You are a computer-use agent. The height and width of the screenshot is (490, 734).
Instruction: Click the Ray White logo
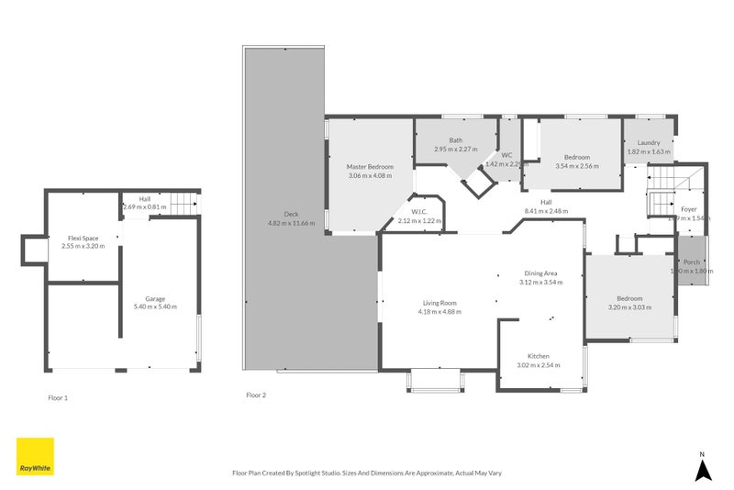click(x=35, y=456)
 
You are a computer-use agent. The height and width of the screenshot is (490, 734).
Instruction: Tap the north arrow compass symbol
click(x=702, y=469)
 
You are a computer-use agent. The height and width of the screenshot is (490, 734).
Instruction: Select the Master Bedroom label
click(x=370, y=166)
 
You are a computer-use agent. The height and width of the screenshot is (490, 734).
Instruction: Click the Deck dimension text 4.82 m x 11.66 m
click(x=291, y=223)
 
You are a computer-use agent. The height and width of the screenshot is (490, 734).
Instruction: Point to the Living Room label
click(x=439, y=303)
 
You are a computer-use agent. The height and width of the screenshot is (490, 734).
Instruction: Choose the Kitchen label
click(x=538, y=356)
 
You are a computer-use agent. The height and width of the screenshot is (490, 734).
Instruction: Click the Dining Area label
click(x=540, y=273)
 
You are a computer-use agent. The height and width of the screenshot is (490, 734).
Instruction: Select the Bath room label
click(x=456, y=140)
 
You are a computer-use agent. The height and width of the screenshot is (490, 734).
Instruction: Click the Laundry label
click(x=649, y=142)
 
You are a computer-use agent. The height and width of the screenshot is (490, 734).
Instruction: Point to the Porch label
click(x=691, y=262)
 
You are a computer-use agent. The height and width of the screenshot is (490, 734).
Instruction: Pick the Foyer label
click(x=688, y=209)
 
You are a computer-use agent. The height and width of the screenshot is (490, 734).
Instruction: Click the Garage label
click(x=155, y=298)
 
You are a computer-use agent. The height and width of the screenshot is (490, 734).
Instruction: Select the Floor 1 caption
click(x=58, y=398)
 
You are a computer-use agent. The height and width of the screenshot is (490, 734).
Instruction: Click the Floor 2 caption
click(x=256, y=395)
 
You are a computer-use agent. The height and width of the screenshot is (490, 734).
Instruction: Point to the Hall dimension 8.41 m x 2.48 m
click(x=546, y=211)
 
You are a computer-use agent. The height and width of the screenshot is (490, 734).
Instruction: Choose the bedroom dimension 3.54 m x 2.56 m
click(x=576, y=166)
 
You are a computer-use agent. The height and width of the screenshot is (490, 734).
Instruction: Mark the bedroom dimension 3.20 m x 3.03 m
click(x=629, y=307)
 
